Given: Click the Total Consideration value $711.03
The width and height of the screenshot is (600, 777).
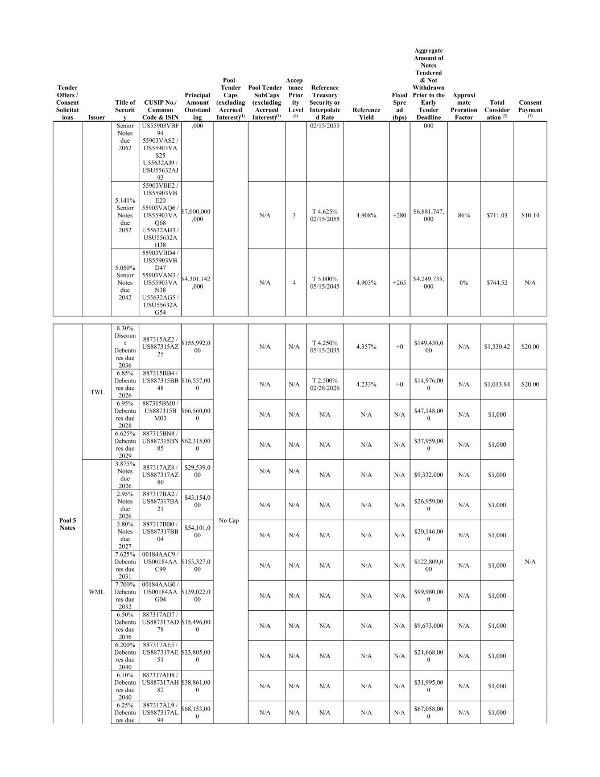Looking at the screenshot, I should (x=496, y=216).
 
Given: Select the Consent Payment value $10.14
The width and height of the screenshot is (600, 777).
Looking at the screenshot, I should (x=530, y=216).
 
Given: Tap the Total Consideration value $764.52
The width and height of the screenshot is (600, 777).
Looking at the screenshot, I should (x=496, y=283).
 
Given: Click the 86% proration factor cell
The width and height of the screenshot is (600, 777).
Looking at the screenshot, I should (x=464, y=216).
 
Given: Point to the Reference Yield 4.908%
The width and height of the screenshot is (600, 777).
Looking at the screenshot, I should (x=366, y=216).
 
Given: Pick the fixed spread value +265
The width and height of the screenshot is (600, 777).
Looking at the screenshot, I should (x=399, y=283).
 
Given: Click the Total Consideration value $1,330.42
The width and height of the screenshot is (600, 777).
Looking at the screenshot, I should (x=496, y=347).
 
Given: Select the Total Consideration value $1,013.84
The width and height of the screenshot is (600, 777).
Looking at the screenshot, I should (x=496, y=384).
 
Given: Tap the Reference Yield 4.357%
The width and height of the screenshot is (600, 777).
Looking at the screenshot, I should (x=366, y=347).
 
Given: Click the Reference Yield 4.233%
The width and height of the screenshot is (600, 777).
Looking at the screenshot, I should (x=366, y=384).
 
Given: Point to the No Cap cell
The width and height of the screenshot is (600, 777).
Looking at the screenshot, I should (x=229, y=521).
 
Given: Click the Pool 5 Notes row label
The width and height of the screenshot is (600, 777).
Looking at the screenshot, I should (x=67, y=524).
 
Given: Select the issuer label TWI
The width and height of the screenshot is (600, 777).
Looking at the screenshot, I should (x=96, y=392).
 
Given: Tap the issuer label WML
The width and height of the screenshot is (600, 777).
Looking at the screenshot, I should (x=96, y=592).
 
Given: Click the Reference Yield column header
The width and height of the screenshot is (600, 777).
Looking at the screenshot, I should (x=366, y=114).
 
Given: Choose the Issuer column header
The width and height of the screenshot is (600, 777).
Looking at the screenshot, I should (x=96, y=117).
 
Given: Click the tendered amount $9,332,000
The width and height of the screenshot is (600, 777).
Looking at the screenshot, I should (x=428, y=475).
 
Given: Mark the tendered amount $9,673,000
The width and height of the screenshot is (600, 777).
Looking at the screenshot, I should (x=428, y=626).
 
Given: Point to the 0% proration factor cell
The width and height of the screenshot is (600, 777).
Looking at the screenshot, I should (x=464, y=283).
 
